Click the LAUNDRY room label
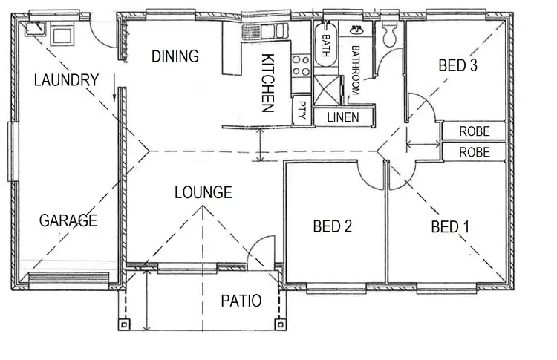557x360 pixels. coord(67,80)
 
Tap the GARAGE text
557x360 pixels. coord(68,220)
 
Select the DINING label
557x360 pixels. coord(175,56)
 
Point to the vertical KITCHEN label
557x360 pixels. coord(268,82)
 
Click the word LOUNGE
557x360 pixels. coord(203,193)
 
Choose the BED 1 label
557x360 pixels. coord(450,227)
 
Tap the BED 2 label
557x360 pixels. coord(332,226)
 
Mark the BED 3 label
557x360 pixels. coord(457,65)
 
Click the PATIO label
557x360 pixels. coord(241,301)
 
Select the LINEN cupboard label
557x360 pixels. coord(342,117)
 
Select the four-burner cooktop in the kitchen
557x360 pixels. coord(301,65)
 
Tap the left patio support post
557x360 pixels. coord(124,324)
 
